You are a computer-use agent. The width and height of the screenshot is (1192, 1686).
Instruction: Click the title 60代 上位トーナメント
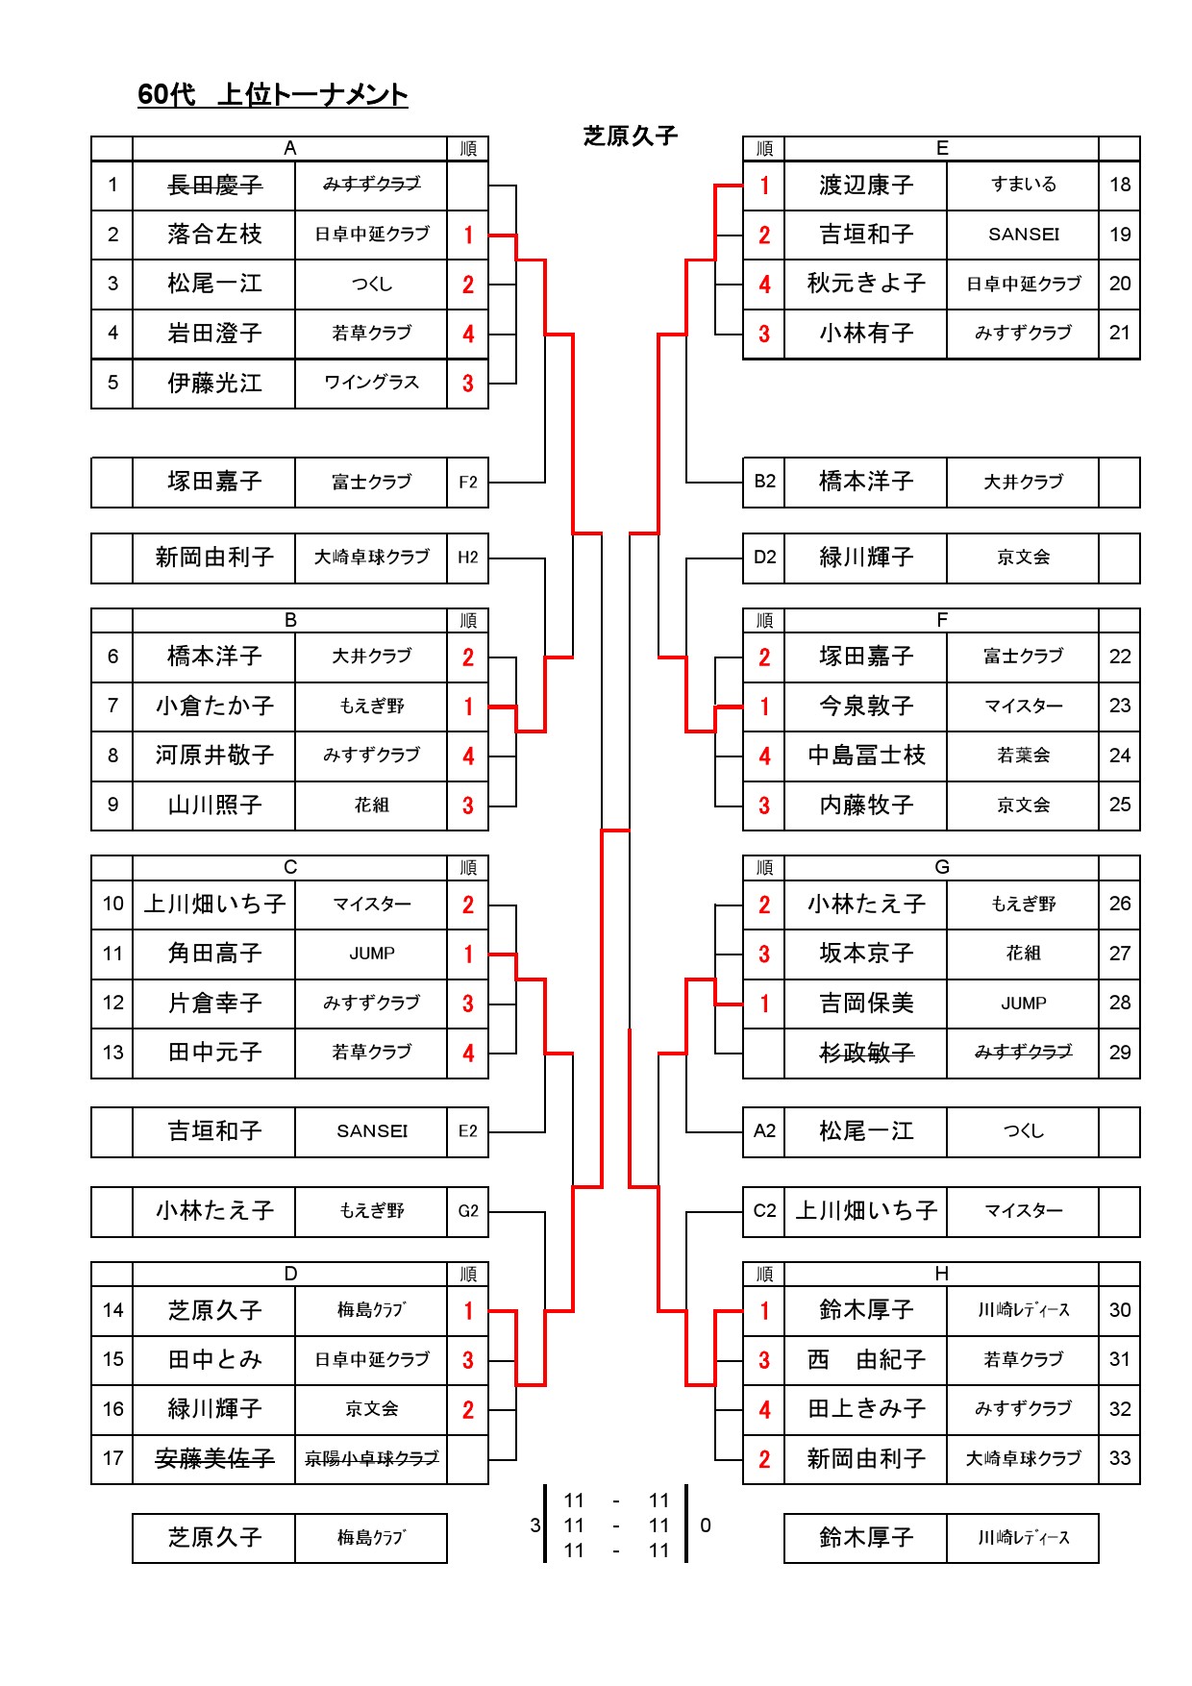pyautogui.click(x=273, y=94)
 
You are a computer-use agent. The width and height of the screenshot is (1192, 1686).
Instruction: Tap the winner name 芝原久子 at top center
pyautogui.click(x=631, y=136)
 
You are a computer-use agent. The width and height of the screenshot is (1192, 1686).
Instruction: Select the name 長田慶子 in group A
pyautogui.click(x=214, y=185)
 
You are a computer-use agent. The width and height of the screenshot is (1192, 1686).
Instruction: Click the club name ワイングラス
pyautogui.click(x=371, y=383)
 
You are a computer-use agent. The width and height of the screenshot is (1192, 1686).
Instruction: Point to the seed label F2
pyautogui.click(x=468, y=482)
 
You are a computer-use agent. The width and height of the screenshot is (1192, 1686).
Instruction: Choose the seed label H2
pyautogui.click(x=468, y=558)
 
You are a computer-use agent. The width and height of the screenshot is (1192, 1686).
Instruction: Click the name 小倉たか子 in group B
pyautogui.click(x=214, y=707)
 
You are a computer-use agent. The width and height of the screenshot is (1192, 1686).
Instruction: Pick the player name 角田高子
pyautogui.click(x=214, y=954)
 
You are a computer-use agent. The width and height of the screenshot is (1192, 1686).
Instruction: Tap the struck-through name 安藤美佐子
pyautogui.click(x=214, y=1458)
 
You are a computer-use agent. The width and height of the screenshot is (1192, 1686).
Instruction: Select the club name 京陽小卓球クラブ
pyautogui.click(x=371, y=1458)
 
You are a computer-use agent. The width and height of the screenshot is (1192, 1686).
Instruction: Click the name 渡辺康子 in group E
pyautogui.click(x=866, y=185)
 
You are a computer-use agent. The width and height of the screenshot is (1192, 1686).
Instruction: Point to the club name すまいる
pyautogui.click(x=1024, y=185)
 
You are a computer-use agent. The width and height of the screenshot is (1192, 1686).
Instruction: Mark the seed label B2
pyautogui.click(x=764, y=482)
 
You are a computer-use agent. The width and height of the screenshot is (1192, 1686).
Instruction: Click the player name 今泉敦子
pyautogui.click(x=866, y=707)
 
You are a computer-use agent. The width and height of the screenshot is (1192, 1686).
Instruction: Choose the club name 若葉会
pyautogui.click(x=1024, y=756)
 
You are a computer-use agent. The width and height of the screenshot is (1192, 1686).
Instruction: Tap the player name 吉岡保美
pyautogui.click(x=866, y=1004)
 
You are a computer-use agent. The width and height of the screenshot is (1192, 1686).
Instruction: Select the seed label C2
pyautogui.click(x=764, y=1211)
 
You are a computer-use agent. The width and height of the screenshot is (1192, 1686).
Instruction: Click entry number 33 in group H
pyautogui.click(x=1120, y=1458)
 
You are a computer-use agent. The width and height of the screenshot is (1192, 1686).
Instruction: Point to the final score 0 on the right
pyautogui.click(x=706, y=1525)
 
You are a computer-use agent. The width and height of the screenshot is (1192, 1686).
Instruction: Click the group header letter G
pyautogui.click(x=942, y=867)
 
